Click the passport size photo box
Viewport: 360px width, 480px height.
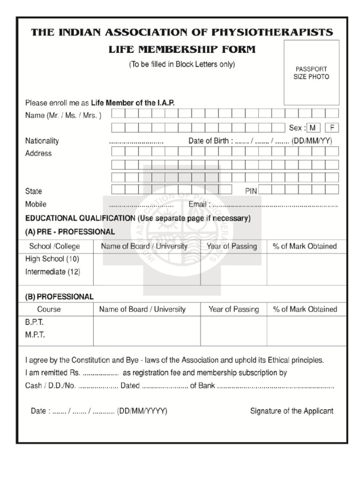pyautogui.click(x=311, y=72)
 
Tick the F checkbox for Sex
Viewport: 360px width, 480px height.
pyautogui.click(x=332, y=127)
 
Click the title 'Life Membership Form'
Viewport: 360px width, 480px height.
pyautogui.click(x=182, y=50)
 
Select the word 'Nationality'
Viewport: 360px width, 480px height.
pyautogui.click(x=42, y=141)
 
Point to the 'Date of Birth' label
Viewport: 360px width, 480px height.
pyautogui.click(x=208, y=141)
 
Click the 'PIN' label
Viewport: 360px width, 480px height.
pyautogui.click(x=251, y=191)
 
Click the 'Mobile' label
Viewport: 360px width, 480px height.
pyautogui.click(x=36, y=204)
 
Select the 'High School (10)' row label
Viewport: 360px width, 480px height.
pyautogui.click(x=52, y=259)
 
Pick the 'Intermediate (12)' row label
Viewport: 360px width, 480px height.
pyautogui.click(x=52, y=271)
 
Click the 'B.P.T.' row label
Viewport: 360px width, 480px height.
pyautogui.click(x=34, y=322)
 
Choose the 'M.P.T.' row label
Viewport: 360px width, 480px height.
pyautogui.click(x=35, y=335)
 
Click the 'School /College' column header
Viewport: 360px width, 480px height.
pyautogui.click(x=54, y=246)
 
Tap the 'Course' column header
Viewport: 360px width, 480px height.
pyautogui.click(x=49, y=309)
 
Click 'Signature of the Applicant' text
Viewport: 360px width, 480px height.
pyautogui.click(x=292, y=411)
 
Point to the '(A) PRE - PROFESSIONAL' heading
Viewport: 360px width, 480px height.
pyautogui.click(x=70, y=232)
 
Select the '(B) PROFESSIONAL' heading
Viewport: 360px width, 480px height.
pyautogui.click(x=59, y=297)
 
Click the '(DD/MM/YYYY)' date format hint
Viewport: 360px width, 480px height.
pyautogui.click(x=142, y=411)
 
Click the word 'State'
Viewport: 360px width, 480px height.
pyautogui.click(x=33, y=191)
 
